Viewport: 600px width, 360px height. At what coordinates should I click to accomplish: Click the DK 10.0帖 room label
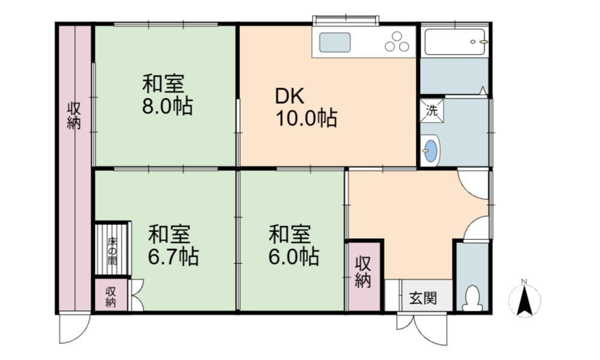(x=306, y=107)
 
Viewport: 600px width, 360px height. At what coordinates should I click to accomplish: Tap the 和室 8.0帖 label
(x=167, y=94)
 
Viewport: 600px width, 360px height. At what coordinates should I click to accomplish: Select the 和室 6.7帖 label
(x=173, y=245)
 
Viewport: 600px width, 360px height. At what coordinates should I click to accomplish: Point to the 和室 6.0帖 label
(x=293, y=245)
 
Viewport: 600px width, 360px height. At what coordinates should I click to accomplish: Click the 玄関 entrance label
(x=423, y=298)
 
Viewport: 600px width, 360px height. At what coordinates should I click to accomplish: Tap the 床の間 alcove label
(x=112, y=251)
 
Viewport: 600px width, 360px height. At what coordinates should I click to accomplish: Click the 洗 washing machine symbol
(x=432, y=111)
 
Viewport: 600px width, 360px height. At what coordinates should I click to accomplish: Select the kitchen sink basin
(x=335, y=43)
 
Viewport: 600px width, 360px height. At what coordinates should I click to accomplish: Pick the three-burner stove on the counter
(x=397, y=41)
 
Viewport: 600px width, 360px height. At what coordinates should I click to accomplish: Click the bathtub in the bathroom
(x=455, y=42)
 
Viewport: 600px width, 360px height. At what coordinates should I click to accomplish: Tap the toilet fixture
(x=472, y=298)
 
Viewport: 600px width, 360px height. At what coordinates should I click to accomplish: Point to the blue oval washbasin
(x=430, y=151)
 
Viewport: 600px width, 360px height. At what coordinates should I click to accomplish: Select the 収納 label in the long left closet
(x=74, y=116)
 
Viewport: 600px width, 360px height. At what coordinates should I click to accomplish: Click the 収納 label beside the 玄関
(x=363, y=272)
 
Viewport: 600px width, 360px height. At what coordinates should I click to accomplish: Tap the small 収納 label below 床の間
(x=110, y=297)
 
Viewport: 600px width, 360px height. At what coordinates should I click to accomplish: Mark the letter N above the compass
(x=524, y=282)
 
